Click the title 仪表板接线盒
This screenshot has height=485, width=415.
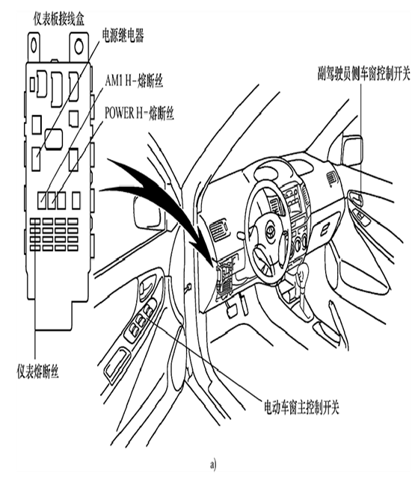pyautogui.click(x=59, y=19)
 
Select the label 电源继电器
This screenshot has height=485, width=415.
pyautogui.click(x=123, y=36)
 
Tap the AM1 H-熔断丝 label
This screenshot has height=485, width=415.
pyautogui.click(x=134, y=81)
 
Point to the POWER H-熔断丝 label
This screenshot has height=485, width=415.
pyautogui.click(x=139, y=113)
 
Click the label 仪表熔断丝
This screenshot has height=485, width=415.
pyautogui.click(x=37, y=371)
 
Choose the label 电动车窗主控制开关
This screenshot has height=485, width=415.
pyautogui.click(x=301, y=407)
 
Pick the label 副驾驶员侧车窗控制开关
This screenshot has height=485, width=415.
pyautogui.click(x=363, y=74)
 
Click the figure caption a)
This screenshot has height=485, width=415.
pyautogui.click(x=213, y=465)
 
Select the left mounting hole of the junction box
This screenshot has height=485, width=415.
pyautogui.click(x=34, y=46)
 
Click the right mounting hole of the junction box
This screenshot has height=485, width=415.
pyautogui.click(x=79, y=46)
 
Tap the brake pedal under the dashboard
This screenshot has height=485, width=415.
pyautogui.click(x=232, y=311)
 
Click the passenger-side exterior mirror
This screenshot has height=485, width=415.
pyautogui.click(x=351, y=151)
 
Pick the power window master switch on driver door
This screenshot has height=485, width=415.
pyautogui.click(x=141, y=321)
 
